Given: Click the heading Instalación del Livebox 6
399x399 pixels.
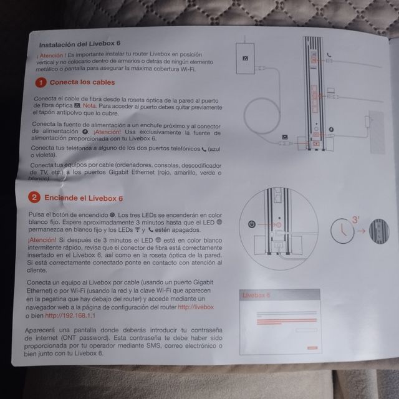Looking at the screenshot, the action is (x=80, y=44).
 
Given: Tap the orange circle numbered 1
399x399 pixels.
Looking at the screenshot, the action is (x=41, y=83).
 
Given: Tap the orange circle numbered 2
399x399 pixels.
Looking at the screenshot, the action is (x=34, y=197).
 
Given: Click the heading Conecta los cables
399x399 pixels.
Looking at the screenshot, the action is (x=82, y=82).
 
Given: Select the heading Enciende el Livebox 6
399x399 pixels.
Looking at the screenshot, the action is (x=84, y=198).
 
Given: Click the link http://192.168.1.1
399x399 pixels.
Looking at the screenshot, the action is (x=70, y=315).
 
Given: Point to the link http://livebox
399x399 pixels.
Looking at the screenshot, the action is (x=196, y=307).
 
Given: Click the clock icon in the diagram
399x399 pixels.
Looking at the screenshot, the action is (x=342, y=231).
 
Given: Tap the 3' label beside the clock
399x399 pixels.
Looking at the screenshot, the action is (x=355, y=219).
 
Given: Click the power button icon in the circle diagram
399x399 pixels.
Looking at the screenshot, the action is (x=252, y=224).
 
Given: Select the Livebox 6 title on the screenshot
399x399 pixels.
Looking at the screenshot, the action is (x=256, y=296).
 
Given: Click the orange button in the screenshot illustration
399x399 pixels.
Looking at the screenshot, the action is (x=312, y=348).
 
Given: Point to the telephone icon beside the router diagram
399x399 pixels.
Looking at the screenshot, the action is (x=329, y=55).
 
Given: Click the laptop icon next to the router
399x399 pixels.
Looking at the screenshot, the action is (x=331, y=90).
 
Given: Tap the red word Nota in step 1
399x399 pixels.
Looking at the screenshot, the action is (x=89, y=105).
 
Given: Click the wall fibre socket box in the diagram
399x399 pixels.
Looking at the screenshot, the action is (x=245, y=59).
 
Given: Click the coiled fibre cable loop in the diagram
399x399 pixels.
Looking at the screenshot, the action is (x=262, y=116).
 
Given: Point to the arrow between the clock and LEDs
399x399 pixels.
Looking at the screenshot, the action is (x=362, y=231).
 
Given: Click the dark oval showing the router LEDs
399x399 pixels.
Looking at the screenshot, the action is (x=379, y=231).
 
